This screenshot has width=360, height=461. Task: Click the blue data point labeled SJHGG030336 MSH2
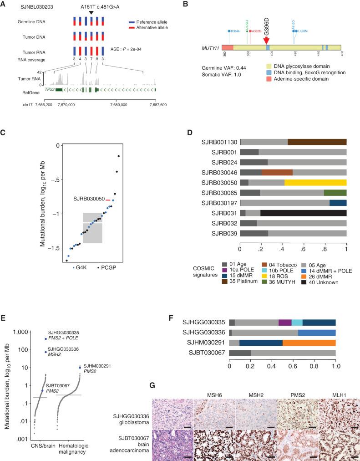click(x=46, y=352)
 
